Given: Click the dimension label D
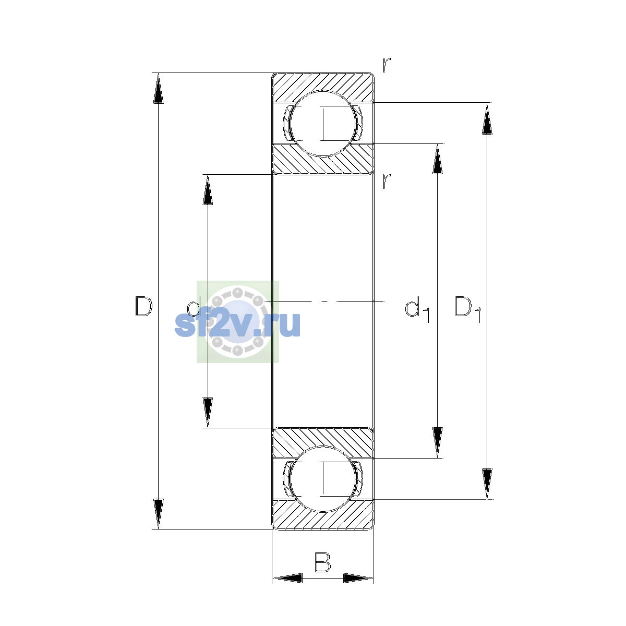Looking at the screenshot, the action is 143,306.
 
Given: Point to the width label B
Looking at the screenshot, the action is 322,562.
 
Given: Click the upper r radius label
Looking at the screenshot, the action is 387,65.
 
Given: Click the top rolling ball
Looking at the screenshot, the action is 322,124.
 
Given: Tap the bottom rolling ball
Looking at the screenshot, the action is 322,479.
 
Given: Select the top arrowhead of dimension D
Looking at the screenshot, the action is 158,88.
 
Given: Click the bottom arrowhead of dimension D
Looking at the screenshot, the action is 158,514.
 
